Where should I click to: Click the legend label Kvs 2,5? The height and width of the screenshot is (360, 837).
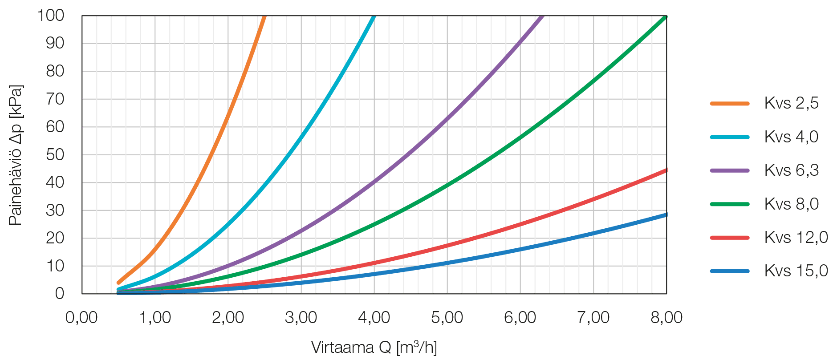click(791, 103)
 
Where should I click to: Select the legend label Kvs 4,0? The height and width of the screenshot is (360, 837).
click(791, 137)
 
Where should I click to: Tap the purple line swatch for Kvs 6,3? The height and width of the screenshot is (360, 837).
click(730, 170)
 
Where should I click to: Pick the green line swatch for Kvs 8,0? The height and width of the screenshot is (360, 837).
click(730, 204)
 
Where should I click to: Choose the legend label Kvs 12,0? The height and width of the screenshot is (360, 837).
click(796, 237)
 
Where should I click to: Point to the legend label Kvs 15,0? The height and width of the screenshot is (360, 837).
click(796, 271)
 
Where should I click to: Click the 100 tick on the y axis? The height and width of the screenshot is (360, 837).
click(50, 16)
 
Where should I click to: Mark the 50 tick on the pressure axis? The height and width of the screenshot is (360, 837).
click(55, 155)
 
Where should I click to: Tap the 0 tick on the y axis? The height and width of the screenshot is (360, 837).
click(60, 294)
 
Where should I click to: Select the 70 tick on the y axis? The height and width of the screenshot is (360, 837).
click(55, 99)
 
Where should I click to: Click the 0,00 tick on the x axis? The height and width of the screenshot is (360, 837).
click(81, 318)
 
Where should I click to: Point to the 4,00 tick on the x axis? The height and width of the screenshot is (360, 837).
click(374, 318)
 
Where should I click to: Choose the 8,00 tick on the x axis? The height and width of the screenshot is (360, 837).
click(666, 318)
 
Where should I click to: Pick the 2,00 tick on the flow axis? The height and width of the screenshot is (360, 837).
click(228, 318)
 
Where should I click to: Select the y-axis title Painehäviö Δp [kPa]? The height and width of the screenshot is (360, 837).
click(16, 155)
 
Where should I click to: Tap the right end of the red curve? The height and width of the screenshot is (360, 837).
click(666, 170)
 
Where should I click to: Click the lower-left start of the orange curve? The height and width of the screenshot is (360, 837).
click(118, 283)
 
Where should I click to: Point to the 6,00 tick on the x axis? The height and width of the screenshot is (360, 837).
click(520, 318)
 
